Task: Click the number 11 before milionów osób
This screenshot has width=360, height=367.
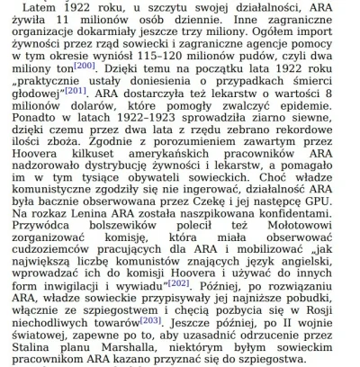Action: (79, 22)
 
